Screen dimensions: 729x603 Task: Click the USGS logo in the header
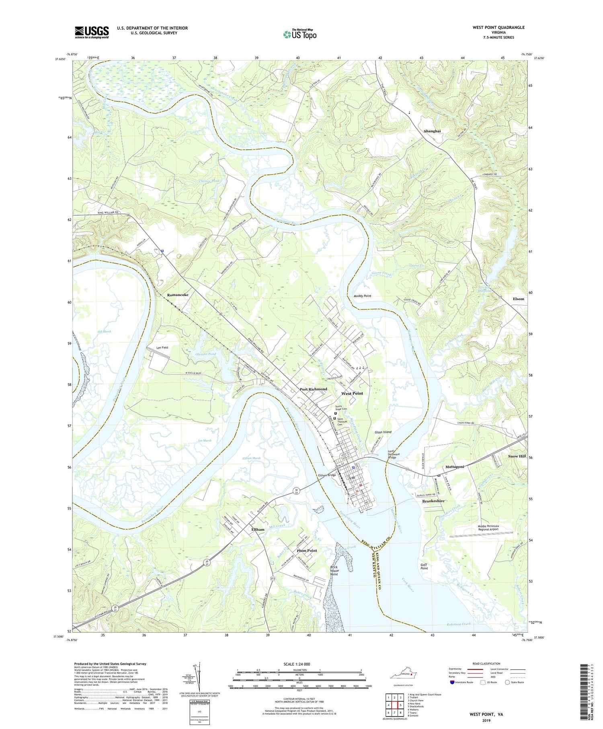click(x=92, y=32)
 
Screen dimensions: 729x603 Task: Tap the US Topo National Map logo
click(x=299, y=34)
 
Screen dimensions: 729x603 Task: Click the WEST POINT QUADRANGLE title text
click(x=498, y=27)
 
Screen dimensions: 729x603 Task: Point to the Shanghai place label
click(x=432, y=131)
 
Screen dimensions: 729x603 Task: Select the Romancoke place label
click(x=178, y=295)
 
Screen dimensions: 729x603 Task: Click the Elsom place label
click(x=519, y=299)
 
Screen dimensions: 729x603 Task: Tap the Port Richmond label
click(x=314, y=389)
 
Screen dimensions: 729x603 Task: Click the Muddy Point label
click(x=362, y=296)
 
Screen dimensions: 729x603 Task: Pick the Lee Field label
click(x=162, y=347)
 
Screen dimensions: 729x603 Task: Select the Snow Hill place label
click(x=517, y=456)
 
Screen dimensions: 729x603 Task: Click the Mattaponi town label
click(x=455, y=467)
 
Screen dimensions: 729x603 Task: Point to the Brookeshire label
click(x=433, y=501)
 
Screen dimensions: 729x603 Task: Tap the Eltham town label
click(x=258, y=530)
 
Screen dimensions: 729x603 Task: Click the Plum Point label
click(x=307, y=550)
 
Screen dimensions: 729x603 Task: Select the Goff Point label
click(x=424, y=566)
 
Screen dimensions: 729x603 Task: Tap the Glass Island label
click(x=383, y=432)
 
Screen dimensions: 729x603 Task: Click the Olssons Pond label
click(x=205, y=354)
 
